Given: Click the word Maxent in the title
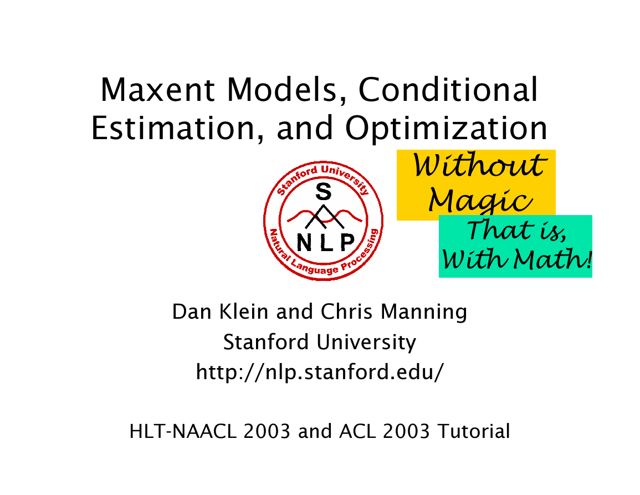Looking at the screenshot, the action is click(157, 90).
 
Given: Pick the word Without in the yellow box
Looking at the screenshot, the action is click(478, 165).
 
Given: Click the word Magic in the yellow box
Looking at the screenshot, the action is click(480, 201).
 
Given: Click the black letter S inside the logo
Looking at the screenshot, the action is click(323, 191).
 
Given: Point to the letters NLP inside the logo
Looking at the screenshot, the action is click(325, 243).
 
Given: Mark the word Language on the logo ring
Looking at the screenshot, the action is click(315, 268).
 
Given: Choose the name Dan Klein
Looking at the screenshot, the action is click(221, 312).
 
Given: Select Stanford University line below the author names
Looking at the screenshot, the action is click(320, 342).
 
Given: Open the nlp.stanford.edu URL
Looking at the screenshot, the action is click(320, 372).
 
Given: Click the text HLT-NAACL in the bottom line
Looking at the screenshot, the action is click(183, 431).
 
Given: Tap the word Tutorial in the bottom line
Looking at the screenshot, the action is click(473, 431).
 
